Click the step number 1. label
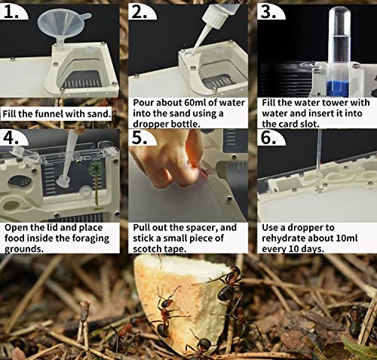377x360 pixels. tap(17, 11)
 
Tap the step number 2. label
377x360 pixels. tap(143, 11)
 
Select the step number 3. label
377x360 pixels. tap(270, 11)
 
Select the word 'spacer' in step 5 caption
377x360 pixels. tap(211, 227)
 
